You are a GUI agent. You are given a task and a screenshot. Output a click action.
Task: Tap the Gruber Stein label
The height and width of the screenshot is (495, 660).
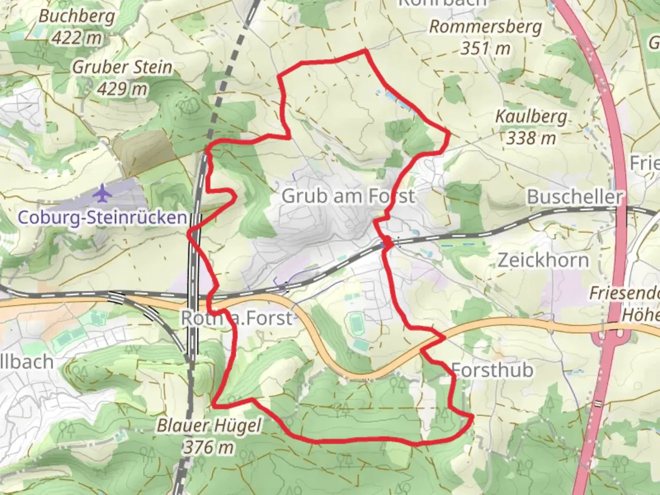pyautogui.click(x=122, y=67)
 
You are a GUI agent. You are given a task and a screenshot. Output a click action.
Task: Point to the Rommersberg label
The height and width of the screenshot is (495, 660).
pyautogui.click(x=485, y=27)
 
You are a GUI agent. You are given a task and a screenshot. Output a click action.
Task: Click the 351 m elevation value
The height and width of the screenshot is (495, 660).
pyautogui.click(x=485, y=48)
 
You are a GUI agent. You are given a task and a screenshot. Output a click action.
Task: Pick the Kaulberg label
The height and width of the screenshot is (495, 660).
pyautogui.click(x=531, y=117)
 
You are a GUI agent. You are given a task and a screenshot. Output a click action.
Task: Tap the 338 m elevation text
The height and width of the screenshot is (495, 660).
pyautogui.click(x=531, y=137)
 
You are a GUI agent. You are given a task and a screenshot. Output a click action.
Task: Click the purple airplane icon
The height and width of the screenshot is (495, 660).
pyautogui.click(x=102, y=192)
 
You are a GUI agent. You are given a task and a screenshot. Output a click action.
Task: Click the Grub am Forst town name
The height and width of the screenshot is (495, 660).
pyautogui.click(x=348, y=196)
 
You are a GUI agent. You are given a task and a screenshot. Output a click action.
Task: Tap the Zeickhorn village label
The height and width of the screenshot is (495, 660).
pyautogui.click(x=544, y=260)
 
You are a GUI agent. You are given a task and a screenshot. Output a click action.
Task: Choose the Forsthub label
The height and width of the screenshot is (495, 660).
pyautogui.click(x=493, y=370)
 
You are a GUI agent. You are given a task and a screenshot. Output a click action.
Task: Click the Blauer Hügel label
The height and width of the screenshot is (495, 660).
pyautogui.click(x=209, y=425)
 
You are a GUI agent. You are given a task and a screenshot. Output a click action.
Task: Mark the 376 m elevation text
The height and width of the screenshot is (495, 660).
pyautogui.click(x=209, y=446)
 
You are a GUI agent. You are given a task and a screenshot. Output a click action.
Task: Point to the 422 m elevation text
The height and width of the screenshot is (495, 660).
pyautogui.click(x=77, y=38)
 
